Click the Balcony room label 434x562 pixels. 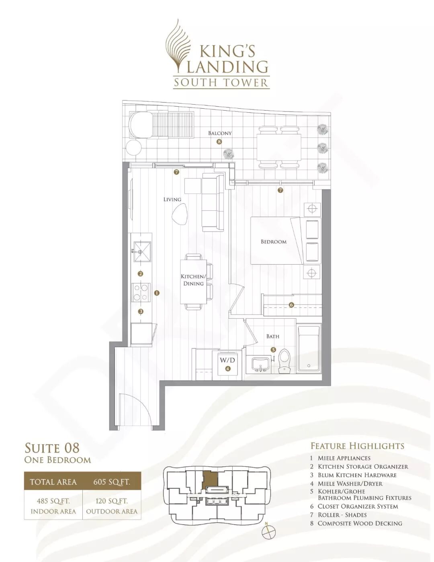point(220,133)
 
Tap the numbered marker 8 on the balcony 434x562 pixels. point(219,142)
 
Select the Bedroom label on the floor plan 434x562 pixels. point(274,242)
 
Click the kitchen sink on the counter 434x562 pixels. point(141,251)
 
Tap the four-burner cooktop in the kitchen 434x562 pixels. point(141,292)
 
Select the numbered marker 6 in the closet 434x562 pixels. point(291,305)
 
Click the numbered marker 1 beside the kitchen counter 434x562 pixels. point(157,293)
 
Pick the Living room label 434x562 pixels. point(172,200)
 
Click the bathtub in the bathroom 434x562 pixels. point(309,348)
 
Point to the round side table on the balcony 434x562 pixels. point(133,148)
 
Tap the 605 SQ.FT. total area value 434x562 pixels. point(112,482)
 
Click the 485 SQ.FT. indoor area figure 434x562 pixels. point(53,501)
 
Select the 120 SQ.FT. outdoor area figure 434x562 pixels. point(112,501)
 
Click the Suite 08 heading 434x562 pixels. point(52,448)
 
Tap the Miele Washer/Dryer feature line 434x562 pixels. point(346,484)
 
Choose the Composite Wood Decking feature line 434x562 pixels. point(356,523)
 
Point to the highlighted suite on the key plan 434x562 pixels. point(210,478)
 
